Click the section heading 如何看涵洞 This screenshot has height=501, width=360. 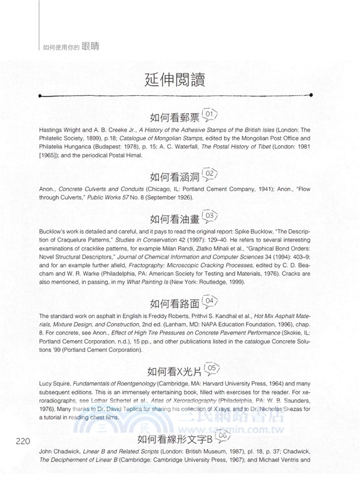[x=175, y=175]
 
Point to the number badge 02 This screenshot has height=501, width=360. [x=210, y=173]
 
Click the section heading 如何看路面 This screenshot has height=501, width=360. [x=175, y=304]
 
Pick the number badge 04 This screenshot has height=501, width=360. [x=210, y=302]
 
